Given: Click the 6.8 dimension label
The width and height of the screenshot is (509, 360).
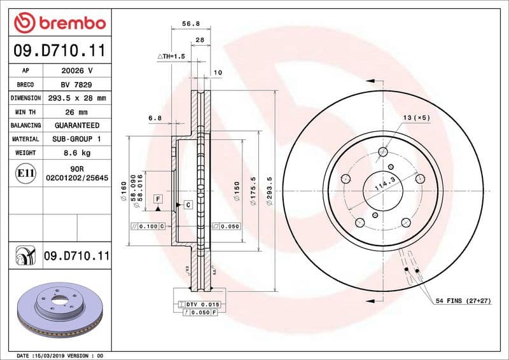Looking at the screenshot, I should coord(155,118).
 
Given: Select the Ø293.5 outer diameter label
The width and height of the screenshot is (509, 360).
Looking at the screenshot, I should coord(270,189).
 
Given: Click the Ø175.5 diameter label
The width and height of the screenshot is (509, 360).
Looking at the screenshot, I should coord(253,189).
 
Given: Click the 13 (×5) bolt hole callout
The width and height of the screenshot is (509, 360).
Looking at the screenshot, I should coord(416,118).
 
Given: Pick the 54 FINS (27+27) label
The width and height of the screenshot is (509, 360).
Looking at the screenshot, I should coord(463,300).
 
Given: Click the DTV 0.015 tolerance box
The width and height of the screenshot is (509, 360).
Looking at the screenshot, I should coord(202,305).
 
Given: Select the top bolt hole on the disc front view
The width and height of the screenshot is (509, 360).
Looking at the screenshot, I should coord(383,151).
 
